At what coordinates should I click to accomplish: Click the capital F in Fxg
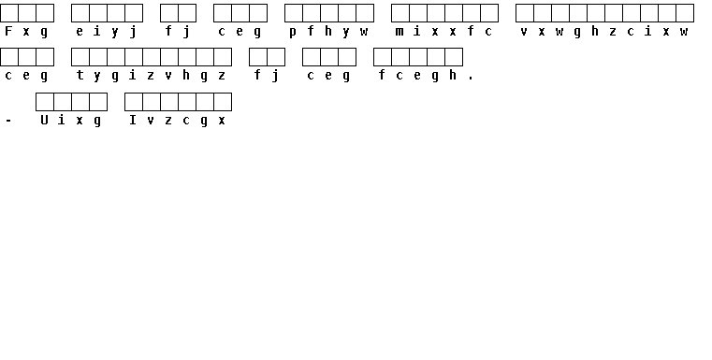click(x=8, y=31)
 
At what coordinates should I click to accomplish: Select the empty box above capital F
click(x=9, y=13)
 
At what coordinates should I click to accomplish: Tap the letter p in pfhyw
click(x=293, y=32)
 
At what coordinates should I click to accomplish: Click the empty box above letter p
click(x=294, y=13)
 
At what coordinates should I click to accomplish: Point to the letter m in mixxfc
click(x=400, y=31)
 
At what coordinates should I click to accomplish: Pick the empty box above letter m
click(x=400, y=13)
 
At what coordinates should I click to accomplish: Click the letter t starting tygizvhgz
click(x=80, y=76)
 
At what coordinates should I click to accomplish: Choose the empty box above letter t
click(x=80, y=57)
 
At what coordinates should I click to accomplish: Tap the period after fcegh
click(x=471, y=79)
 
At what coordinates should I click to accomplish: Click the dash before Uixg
click(x=8, y=121)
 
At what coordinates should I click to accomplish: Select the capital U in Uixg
click(x=44, y=120)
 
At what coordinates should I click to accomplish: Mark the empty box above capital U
click(x=45, y=102)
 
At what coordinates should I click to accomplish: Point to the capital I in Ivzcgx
click(x=133, y=120)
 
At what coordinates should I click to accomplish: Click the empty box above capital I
click(x=134, y=102)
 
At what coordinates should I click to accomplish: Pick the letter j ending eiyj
click(x=133, y=32)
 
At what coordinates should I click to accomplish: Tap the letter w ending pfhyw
click(x=364, y=32)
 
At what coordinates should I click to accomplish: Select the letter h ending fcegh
click(x=453, y=76)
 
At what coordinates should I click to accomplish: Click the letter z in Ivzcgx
click(x=168, y=121)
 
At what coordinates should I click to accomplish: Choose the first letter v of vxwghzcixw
click(x=525, y=32)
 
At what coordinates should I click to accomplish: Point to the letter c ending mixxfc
click(x=488, y=32)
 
